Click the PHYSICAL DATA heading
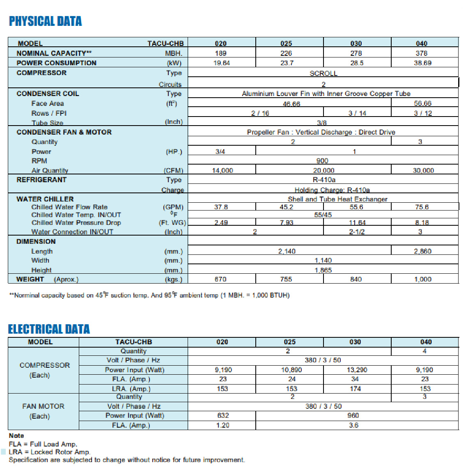(x=45, y=21)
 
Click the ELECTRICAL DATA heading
(x=49, y=329)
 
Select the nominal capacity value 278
(x=356, y=53)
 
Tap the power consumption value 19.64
(x=222, y=63)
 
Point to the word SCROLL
(x=323, y=73)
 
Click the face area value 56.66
(x=423, y=103)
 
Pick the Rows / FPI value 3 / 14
(x=357, y=113)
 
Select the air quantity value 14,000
(x=223, y=170)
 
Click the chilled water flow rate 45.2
(x=286, y=207)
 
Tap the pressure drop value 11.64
(x=357, y=223)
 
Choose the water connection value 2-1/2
(x=357, y=232)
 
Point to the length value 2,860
(x=423, y=251)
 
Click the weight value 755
(x=286, y=279)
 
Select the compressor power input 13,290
(x=357, y=370)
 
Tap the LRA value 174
(x=356, y=389)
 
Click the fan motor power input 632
(x=223, y=415)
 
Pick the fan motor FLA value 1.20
(x=223, y=425)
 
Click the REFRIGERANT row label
(x=41, y=180)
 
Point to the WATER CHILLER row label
(x=45, y=199)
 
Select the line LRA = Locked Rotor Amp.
(x=50, y=452)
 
